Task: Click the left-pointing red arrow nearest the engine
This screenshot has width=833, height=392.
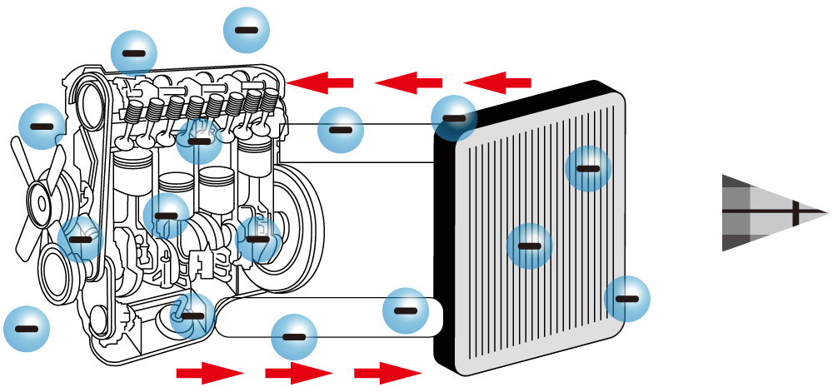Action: click(321, 82)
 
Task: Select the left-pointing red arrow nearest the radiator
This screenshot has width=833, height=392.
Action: click(497, 82)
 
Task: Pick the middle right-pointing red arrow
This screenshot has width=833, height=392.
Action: click(298, 372)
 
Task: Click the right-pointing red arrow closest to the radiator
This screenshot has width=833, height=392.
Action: click(388, 372)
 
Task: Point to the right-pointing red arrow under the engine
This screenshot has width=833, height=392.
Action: click(209, 372)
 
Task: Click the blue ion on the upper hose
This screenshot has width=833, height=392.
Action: click(340, 130)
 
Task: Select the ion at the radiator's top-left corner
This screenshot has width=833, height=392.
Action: click(454, 118)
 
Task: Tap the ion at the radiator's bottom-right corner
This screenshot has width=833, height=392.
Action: click(626, 299)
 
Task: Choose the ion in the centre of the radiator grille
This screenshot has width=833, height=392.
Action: click(530, 246)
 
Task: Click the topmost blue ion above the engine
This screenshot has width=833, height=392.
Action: click(247, 30)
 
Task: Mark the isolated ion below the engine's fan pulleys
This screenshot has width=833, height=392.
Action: click(27, 329)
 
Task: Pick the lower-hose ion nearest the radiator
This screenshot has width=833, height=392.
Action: click(405, 310)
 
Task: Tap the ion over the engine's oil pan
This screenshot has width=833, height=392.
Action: click(192, 315)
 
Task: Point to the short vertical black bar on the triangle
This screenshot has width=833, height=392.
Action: click(796, 213)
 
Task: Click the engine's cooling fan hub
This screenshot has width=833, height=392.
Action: click(39, 201)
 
